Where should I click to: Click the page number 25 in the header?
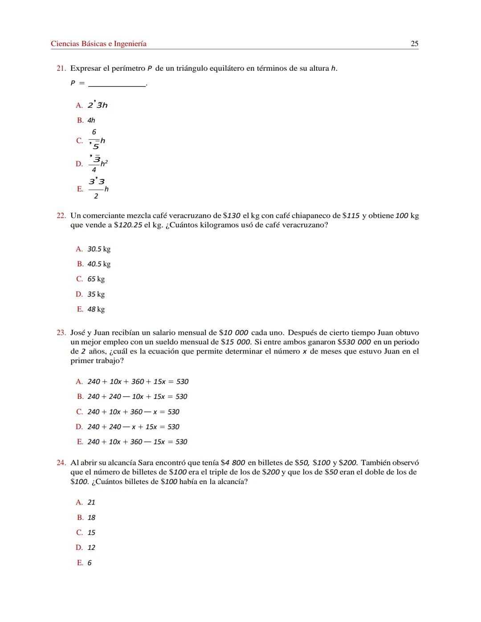tap(414, 44)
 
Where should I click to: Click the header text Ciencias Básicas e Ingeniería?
tap(98, 44)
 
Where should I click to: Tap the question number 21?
tap(61, 69)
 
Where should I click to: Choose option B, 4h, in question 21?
tap(91, 120)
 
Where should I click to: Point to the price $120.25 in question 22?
tap(128, 225)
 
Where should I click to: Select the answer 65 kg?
tap(96, 279)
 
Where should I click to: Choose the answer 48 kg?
tap(96, 309)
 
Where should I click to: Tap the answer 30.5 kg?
tap(98, 249)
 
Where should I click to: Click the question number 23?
tap(61, 333)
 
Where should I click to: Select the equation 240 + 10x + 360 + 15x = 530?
tap(138, 382)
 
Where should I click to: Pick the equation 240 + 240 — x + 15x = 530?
tap(133, 427)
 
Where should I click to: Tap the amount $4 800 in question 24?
tap(232, 463)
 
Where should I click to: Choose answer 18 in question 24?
tap(91, 518)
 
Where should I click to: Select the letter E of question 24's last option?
tap(80, 563)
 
